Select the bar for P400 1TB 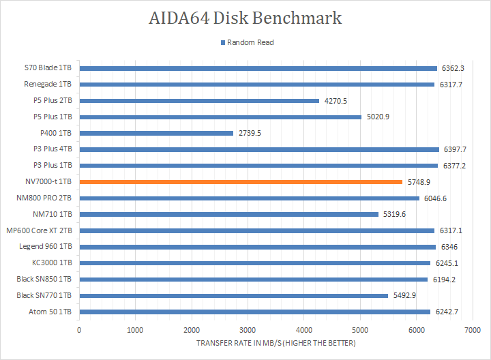pos(156,133)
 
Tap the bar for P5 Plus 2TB pos(199,101)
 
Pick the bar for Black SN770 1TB pos(233,295)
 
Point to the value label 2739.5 pos(250,133)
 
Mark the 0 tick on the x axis pos(79,330)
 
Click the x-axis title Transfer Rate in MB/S pos(276,342)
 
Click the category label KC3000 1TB pos(54,263)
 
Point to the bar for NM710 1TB pos(228,214)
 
